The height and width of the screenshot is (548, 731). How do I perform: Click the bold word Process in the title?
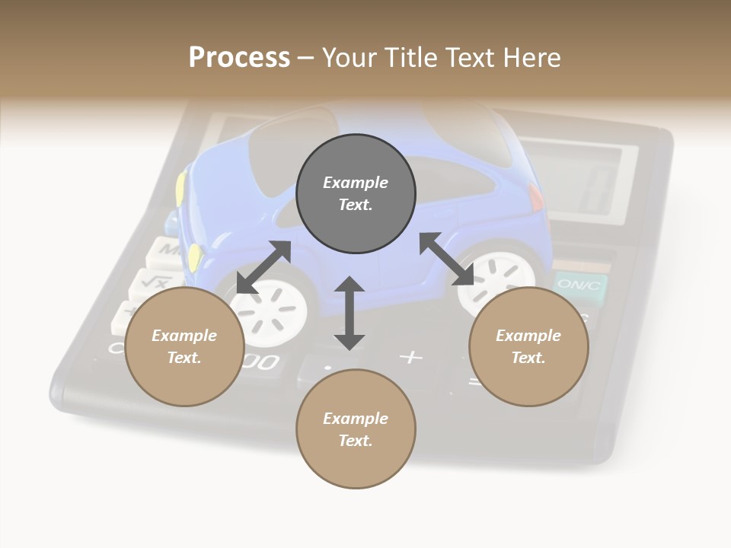click(239, 58)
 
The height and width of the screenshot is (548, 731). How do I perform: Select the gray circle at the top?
click(356, 193)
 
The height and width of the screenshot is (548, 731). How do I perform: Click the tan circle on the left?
click(184, 346)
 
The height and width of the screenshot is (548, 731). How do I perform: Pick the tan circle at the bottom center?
click(356, 429)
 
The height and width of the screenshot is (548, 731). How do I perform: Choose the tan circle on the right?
click(528, 346)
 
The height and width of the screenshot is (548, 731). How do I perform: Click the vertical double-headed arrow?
click(350, 313)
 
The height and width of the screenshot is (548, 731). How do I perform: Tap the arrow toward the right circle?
click(447, 259)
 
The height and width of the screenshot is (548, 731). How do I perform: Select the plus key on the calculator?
click(411, 355)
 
